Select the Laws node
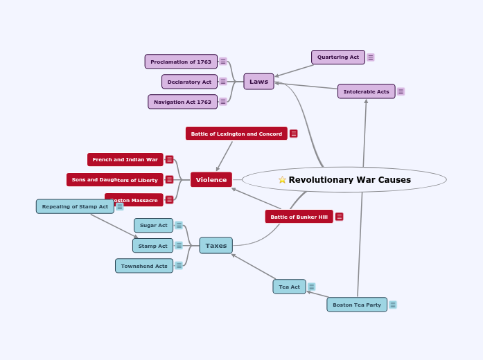tap(258, 82)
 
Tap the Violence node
tap(211, 180)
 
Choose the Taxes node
tap(216, 246)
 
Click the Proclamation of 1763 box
tap(181, 62)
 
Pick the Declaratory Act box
tap(189, 82)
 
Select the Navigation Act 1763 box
tap(182, 102)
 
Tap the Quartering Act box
tap(338, 57)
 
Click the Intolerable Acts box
tap(366, 91)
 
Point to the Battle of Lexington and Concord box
tap(236, 134)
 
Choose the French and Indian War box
tap(125, 160)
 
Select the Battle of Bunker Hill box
tap(299, 217)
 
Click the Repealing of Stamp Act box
tap(75, 206)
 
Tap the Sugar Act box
tap(153, 225)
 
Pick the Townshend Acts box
tap(144, 266)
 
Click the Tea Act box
tap(289, 287)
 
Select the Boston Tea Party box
tap(357, 305)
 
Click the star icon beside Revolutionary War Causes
tap(282, 180)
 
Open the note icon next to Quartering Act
tap(371, 57)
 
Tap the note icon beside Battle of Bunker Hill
tap(340, 217)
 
